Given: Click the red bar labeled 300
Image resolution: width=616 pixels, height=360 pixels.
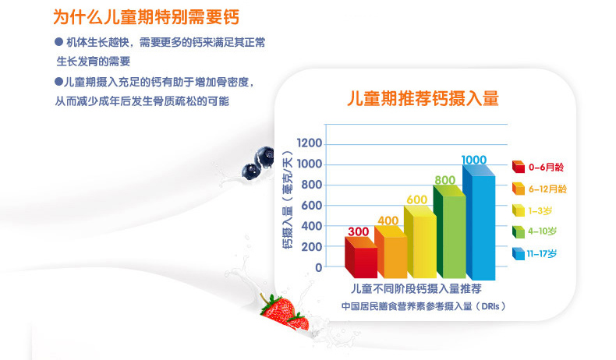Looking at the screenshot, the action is (x=361, y=258).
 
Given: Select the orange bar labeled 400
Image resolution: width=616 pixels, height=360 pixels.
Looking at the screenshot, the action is (x=391, y=252).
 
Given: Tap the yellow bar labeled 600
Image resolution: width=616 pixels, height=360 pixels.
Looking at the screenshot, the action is (x=420, y=242).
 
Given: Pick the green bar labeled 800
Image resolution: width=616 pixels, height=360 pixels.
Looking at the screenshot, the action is (x=449, y=231).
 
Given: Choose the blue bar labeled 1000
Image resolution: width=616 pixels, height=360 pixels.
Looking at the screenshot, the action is (x=479, y=222).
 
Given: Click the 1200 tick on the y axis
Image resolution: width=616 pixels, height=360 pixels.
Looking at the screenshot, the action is (x=310, y=143).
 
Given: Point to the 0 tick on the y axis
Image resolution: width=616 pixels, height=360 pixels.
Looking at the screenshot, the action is (x=319, y=268).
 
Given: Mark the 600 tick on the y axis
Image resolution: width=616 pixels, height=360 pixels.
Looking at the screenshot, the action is (x=312, y=205).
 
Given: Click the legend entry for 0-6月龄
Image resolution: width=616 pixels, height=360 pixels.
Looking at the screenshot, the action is (x=538, y=168).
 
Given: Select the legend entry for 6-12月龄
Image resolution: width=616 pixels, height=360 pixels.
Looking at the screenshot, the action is (x=540, y=189).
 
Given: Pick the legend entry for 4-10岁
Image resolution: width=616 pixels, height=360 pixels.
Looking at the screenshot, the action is (x=534, y=231).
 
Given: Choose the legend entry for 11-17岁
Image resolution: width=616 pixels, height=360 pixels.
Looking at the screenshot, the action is (x=534, y=253).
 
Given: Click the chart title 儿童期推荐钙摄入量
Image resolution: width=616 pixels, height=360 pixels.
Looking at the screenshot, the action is (x=423, y=98).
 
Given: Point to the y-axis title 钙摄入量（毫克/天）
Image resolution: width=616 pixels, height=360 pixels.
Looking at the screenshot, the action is (x=288, y=199).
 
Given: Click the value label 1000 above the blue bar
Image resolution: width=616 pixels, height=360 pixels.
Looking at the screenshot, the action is (x=474, y=160).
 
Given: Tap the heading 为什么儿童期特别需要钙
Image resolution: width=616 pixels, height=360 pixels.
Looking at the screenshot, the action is (x=146, y=17).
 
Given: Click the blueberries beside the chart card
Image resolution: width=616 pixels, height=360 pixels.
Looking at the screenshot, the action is (x=258, y=164).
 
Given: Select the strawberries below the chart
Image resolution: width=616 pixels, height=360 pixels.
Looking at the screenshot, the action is (x=285, y=312).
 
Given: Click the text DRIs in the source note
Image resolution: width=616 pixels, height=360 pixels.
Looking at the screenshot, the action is (x=490, y=306).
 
